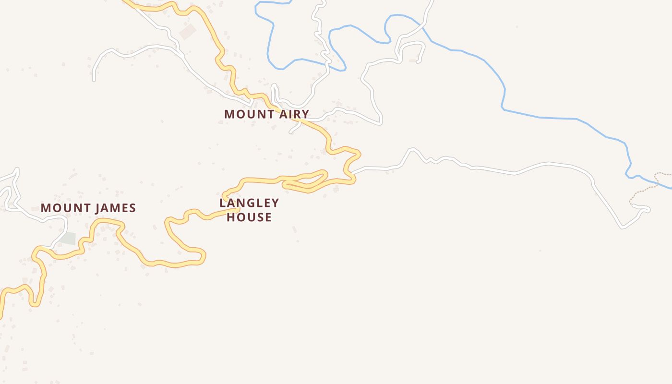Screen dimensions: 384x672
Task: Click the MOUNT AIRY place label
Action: [x=266, y=114]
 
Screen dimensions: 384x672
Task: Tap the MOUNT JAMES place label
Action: [x=88, y=208]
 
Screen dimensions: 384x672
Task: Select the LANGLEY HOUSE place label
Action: [x=249, y=210]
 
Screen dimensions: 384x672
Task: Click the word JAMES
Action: [x=116, y=208]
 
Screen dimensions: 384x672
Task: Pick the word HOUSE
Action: [x=249, y=217]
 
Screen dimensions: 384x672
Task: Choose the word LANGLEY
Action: [x=249, y=203]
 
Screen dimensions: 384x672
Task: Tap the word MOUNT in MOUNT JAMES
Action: [x=61, y=208]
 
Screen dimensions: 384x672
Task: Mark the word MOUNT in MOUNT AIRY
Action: [x=245, y=114]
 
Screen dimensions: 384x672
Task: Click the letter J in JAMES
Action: [x=97, y=208]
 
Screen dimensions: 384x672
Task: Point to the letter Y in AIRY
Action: [x=305, y=114]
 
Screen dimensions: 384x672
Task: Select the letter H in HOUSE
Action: [x=231, y=217]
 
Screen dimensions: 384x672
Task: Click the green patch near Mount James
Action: [x=69, y=238]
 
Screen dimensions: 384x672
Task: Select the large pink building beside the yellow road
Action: [x=187, y=32]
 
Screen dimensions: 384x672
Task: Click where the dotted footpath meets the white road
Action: [x=633, y=205]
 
